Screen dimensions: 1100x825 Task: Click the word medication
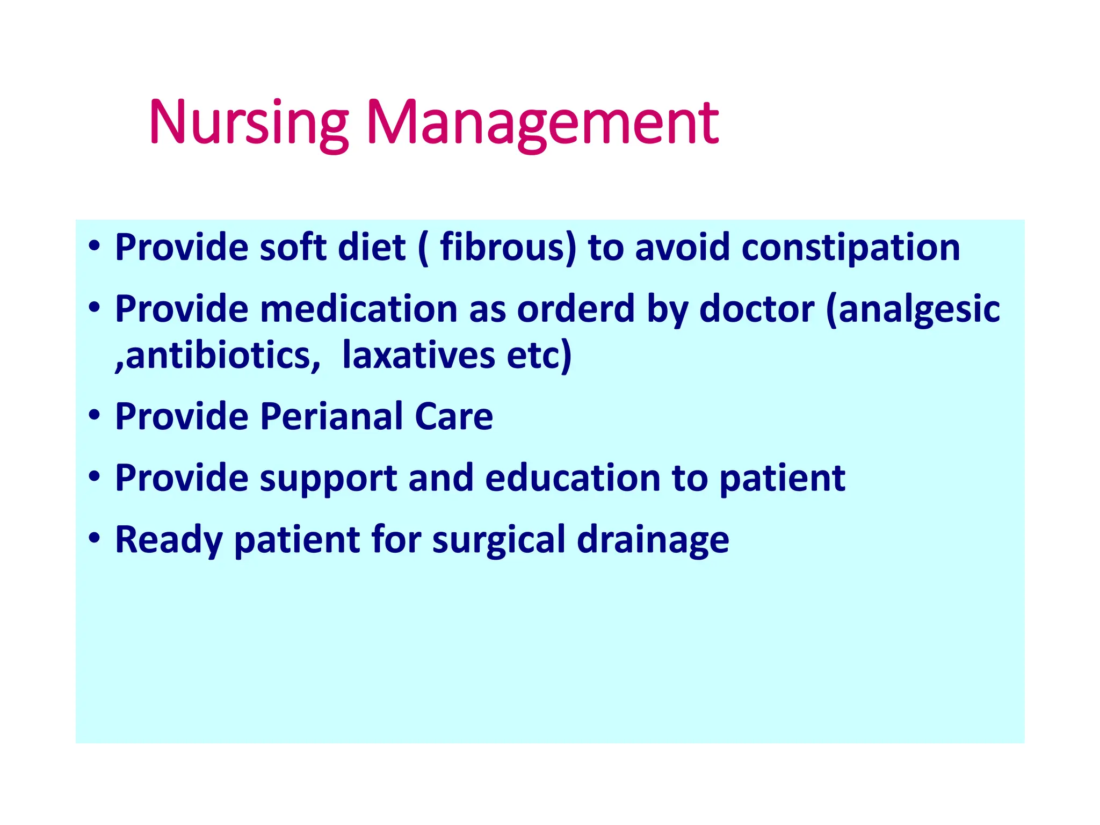359,309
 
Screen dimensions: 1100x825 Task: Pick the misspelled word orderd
576,309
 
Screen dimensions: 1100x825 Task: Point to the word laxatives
418,356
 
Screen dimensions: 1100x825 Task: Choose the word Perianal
331,416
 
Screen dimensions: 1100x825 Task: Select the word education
573,477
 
